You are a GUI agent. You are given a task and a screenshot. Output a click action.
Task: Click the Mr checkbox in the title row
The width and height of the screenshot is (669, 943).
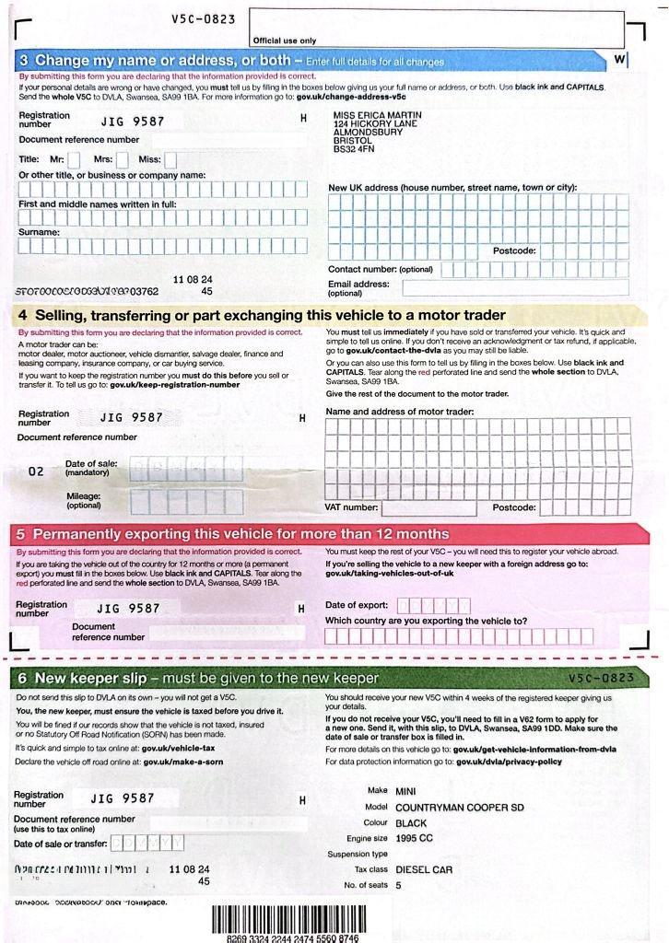point(74,159)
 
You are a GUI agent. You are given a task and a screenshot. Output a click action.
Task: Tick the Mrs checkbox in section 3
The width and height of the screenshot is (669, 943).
point(122,159)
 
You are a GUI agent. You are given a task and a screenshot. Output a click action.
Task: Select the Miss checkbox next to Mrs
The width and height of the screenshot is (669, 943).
point(170,159)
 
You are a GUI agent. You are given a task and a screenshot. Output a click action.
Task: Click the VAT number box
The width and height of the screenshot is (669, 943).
point(428,507)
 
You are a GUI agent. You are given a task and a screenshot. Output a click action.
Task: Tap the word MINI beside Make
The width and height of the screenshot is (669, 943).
point(405,791)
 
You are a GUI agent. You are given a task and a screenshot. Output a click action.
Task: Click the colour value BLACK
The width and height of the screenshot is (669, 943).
point(411,822)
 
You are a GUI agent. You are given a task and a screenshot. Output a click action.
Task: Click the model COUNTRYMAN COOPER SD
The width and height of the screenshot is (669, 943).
point(459,807)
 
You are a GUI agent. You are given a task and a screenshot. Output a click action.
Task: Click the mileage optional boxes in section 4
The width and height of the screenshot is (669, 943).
point(186,501)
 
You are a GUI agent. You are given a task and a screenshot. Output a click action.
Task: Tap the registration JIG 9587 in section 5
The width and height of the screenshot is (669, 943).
point(129,608)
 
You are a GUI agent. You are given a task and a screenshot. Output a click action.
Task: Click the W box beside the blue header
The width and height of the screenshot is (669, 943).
point(619,59)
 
